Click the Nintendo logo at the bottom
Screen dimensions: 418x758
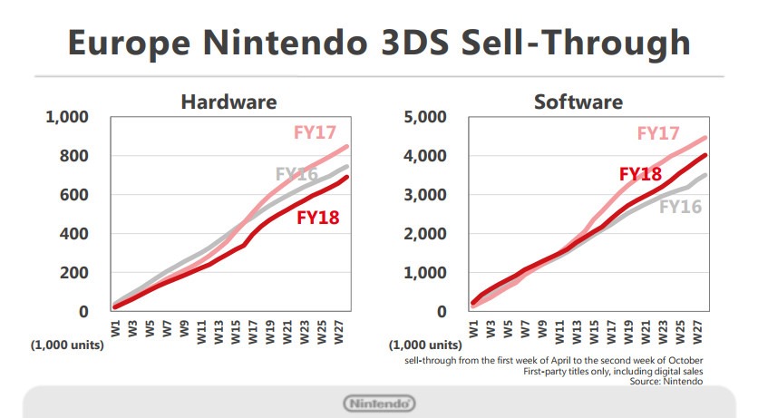[x=379, y=403]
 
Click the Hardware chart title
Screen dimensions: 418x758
[x=228, y=102]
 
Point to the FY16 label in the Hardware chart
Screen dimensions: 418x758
[x=296, y=174]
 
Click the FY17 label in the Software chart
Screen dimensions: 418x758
[x=659, y=133]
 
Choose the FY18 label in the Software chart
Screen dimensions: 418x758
[x=640, y=174]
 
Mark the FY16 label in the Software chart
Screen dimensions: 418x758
[x=681, y=207]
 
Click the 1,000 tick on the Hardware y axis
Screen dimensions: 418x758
[x=66, y=117]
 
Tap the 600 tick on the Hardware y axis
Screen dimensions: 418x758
[x=72, y=195]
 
